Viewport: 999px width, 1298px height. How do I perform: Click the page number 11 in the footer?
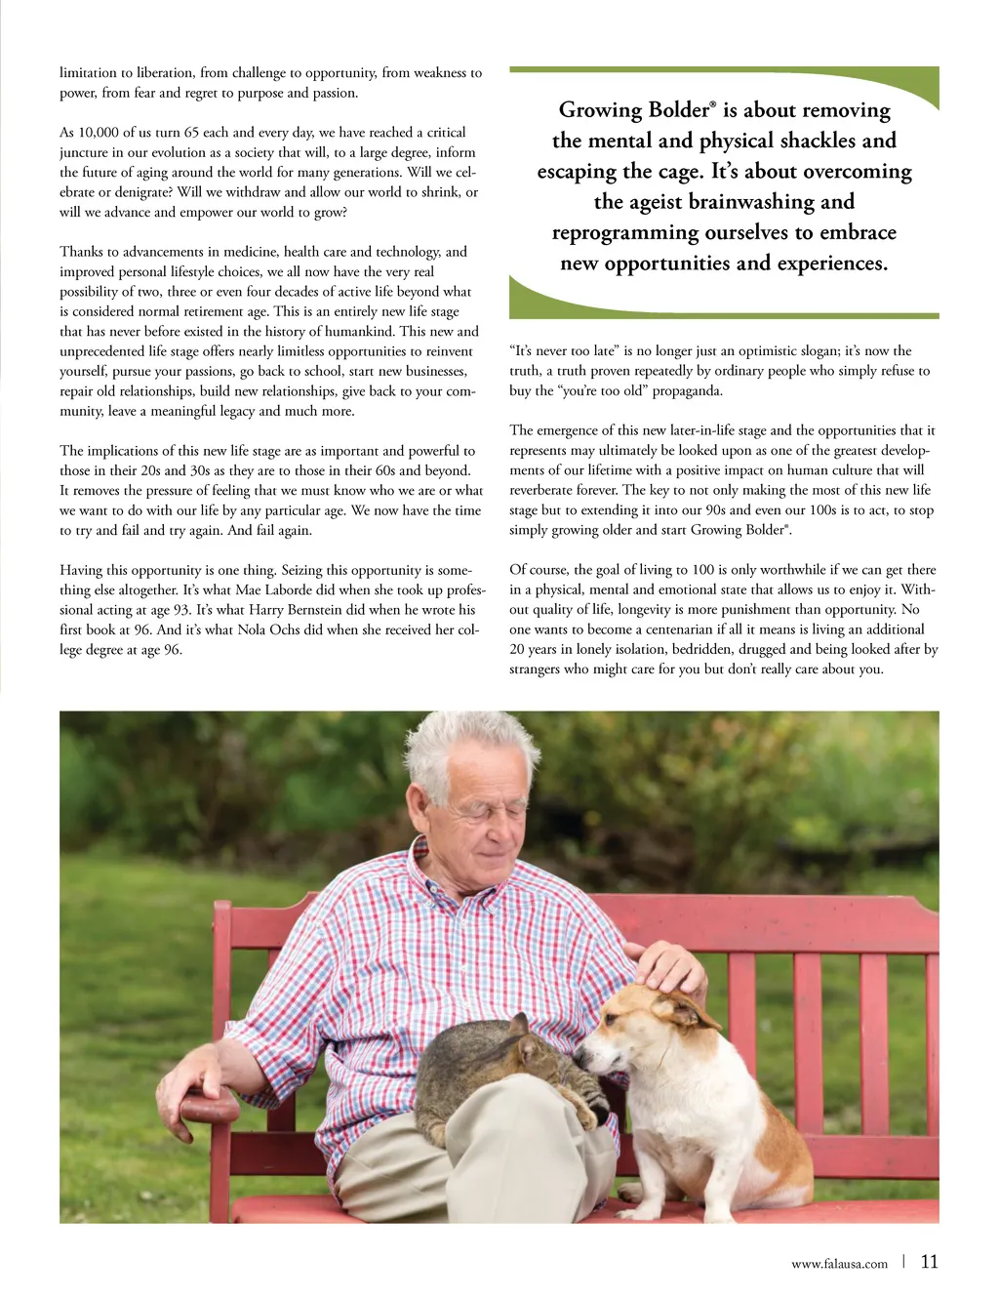929,1261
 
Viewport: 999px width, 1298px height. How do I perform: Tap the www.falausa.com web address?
839,1264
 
